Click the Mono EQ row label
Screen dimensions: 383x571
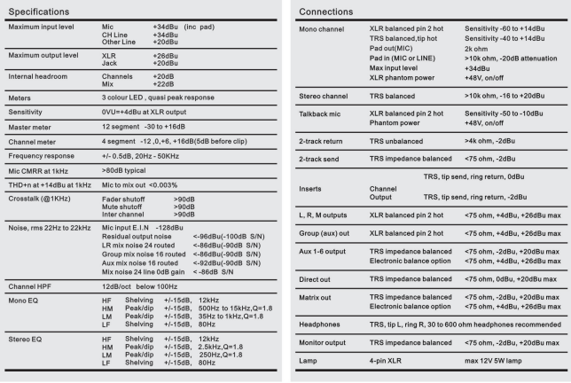tap(28, 304)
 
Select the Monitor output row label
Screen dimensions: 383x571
tap(329, 341)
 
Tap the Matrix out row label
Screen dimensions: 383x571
tap(321, 298)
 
